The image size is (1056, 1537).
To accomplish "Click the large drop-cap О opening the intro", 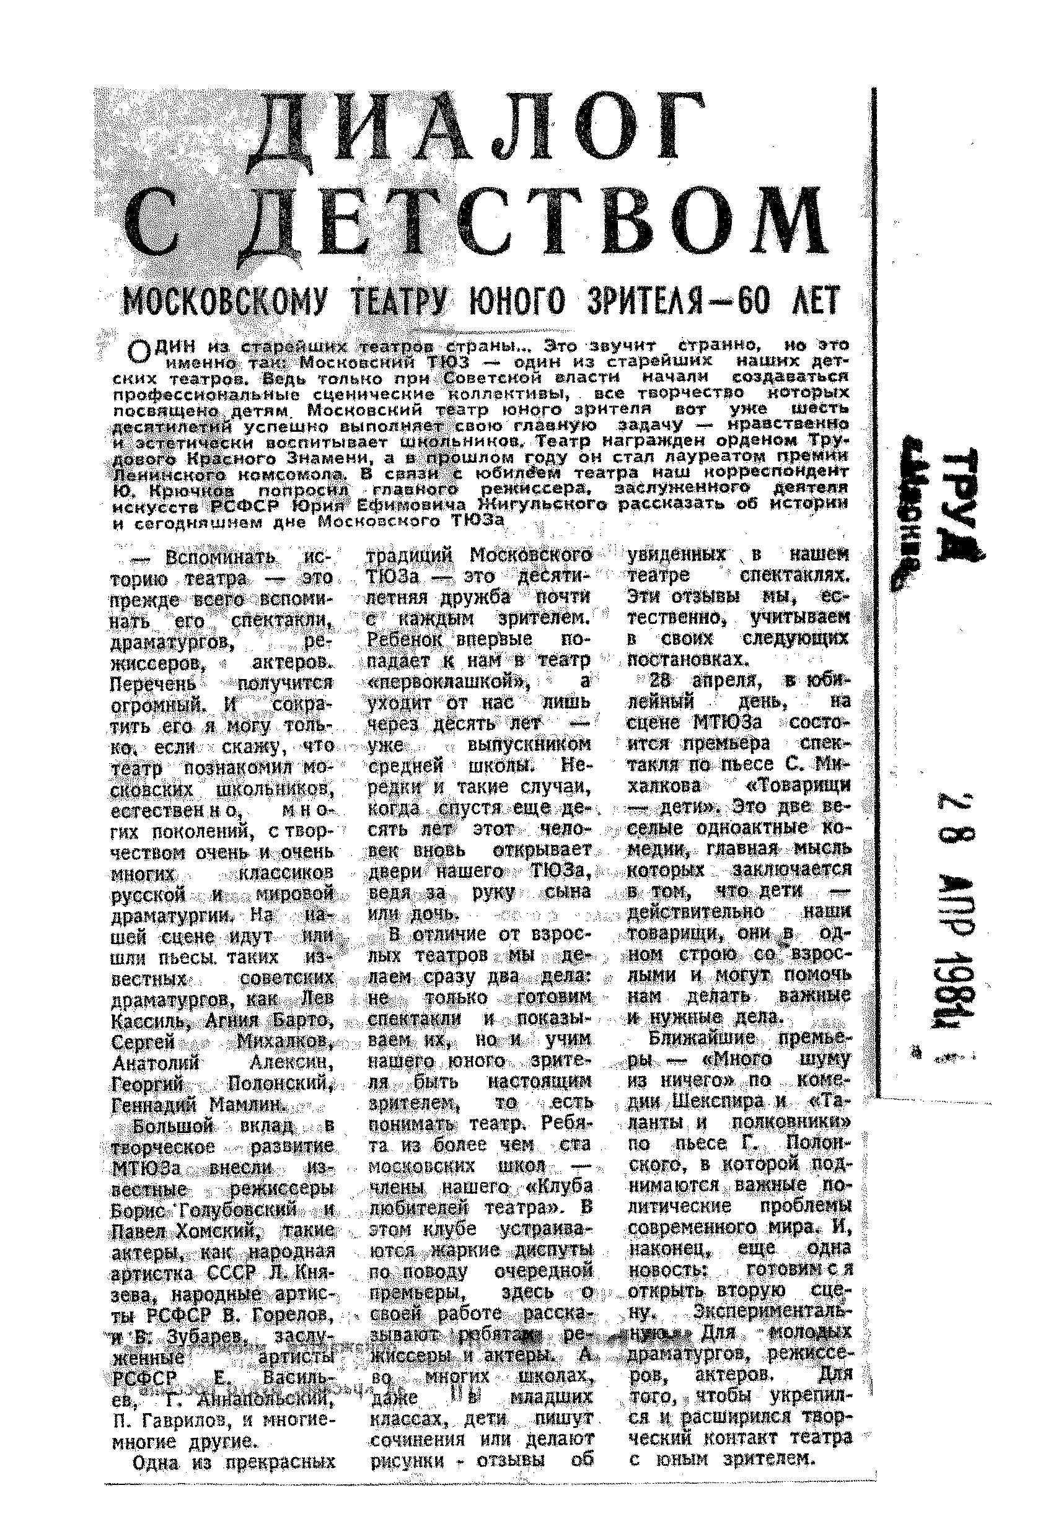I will pos(139,351).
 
